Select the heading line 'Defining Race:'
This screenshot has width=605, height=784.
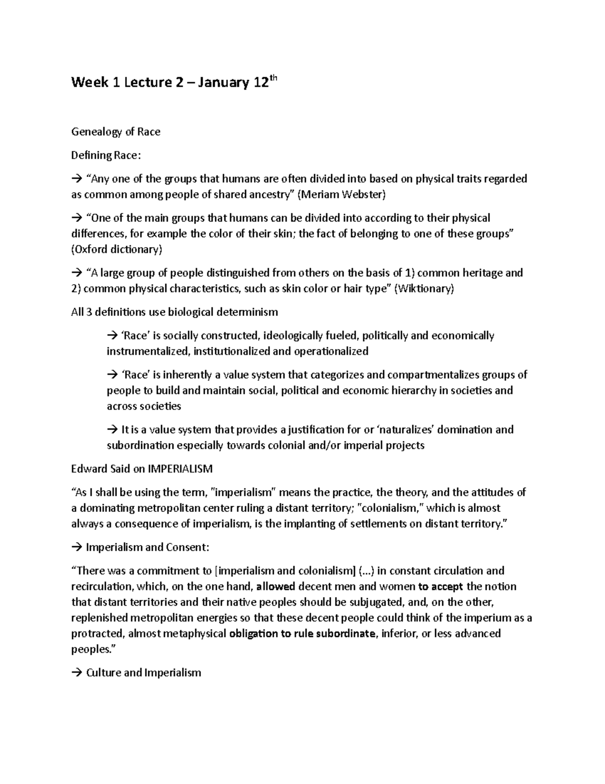tap(104, 155)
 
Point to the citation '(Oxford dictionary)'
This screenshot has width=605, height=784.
tap(116, 249)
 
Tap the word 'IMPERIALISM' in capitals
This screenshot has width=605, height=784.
tap(180, 469)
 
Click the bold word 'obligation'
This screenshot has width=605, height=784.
tap(253, 634)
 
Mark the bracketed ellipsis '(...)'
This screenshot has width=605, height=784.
tap(366, 571)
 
